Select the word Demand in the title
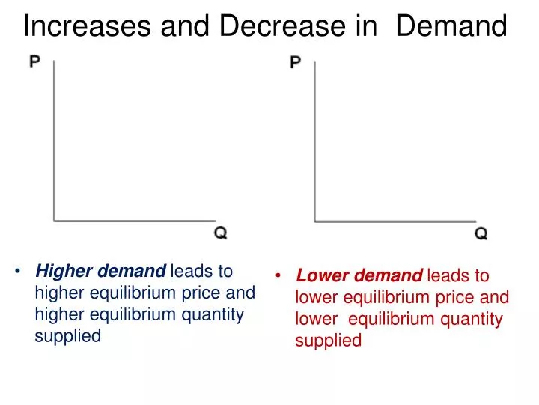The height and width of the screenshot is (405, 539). click(451, 27)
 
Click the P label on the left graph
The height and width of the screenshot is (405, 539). click(35, 61)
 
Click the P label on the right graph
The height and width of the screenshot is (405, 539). click(295, 61)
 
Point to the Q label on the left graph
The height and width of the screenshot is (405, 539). click(221, 233)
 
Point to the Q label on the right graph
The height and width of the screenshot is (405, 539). click(481, 233)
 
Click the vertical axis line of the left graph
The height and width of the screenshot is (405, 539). click(54, 142)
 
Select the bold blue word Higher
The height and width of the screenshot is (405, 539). click(61, 271)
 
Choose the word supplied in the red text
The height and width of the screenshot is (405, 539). click(328, 340)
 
